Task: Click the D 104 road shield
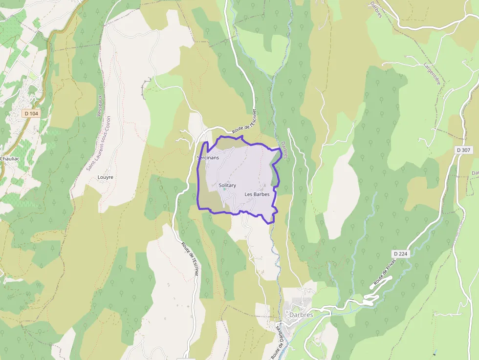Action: [x=31, y=114]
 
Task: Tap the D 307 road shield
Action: [x=465, y=150]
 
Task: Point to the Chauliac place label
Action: [x=9, y=159]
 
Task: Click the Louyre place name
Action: [x=105, y=177]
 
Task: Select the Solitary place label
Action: [x=227, y=186]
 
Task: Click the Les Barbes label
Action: [x=257, y=194]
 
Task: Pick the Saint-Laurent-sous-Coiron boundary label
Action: [x=98, y=143]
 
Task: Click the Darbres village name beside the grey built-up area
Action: [x=301, y=315]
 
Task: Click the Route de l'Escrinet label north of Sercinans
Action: [x=244, y=123]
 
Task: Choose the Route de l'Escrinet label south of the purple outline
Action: [x=190, y=259]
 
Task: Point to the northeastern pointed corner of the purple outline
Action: [x=281, y=148]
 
